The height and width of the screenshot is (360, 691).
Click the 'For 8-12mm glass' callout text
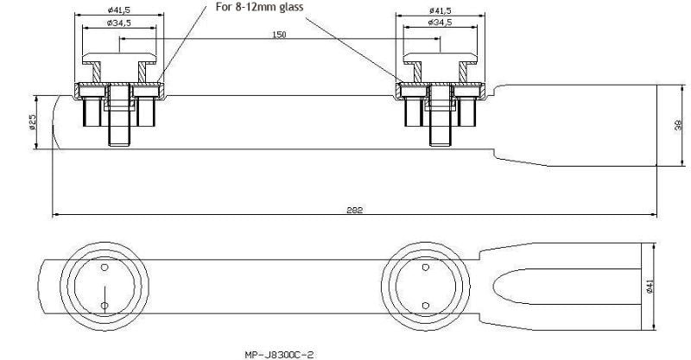pos(259,7)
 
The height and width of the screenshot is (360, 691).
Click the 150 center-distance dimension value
pos(279,35)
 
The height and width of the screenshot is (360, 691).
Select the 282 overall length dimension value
pos(354,210)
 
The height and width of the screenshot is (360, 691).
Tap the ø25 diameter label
pos(32,122)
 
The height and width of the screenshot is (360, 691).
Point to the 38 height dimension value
pos(678,125)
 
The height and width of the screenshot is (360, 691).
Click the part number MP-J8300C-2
pos(279,354)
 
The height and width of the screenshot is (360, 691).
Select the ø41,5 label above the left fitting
pos(119,9)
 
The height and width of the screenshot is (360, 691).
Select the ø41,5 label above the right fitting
pos(441,10)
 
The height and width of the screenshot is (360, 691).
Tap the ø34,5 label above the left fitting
pos(119,22)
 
